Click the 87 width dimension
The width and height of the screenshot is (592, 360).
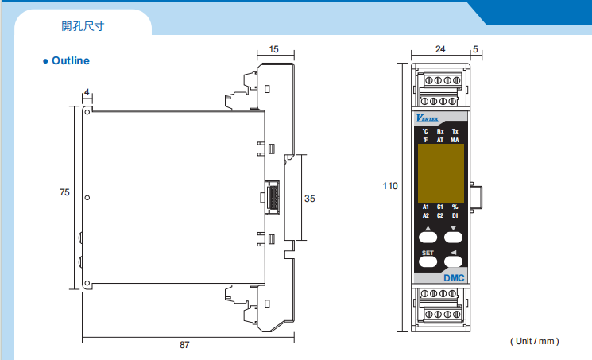click(184, 345)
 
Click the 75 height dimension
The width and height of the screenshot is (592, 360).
click(64, 192)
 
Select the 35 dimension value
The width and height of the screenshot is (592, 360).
click(310, 199)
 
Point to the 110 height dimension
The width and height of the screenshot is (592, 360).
click(389, 186)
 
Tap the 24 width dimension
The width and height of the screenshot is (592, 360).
click(440, 49)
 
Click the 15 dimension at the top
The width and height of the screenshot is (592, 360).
click(274, 49)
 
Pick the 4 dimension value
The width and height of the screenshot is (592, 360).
click(86, 93)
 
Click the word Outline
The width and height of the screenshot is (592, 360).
click(71, 61)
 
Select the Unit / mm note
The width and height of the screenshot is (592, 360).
click(535, 341)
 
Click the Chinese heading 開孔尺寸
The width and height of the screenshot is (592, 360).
click(83, 25)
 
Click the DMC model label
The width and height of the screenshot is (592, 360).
click(454, 277)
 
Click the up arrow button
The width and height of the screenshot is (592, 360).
click(428, 234)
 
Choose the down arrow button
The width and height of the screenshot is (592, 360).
click(455, 234)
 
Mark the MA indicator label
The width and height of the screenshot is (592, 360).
click(455, 140)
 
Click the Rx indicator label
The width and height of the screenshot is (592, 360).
click(440, 131)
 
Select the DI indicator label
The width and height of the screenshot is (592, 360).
click(455, 215)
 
